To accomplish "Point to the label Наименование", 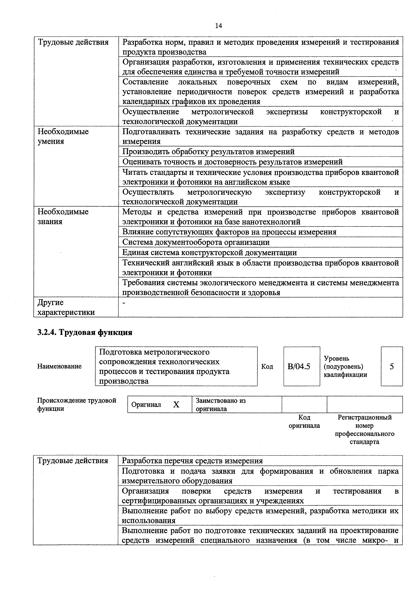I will click(x=59, y=366).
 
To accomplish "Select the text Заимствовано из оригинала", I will click(x=221, y=405).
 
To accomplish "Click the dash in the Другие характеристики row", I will click(x=124, y=303).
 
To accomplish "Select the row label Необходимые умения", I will click(x=63, y=136).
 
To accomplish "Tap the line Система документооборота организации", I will click(x=196, y=242).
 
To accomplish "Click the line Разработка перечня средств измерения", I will click(x=192, y=461).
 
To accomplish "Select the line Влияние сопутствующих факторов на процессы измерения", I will click(x=229, y=232).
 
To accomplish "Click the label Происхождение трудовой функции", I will click(x=77, y=405).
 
